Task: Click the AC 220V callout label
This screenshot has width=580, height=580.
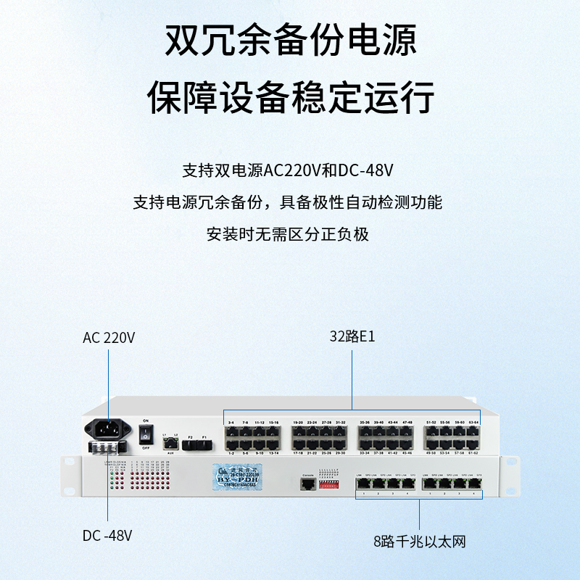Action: pos(109,338)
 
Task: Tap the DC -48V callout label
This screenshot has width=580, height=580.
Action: pos(107,536)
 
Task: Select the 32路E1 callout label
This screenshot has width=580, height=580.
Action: pos(352,337)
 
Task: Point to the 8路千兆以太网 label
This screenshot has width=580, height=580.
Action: pos(420,540)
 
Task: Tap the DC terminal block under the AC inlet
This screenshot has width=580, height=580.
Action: pos(108,449)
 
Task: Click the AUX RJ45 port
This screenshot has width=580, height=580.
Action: pos(170,441)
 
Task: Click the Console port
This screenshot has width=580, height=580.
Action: pos(308,484)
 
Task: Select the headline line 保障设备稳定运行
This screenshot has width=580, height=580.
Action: pos(290,96)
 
